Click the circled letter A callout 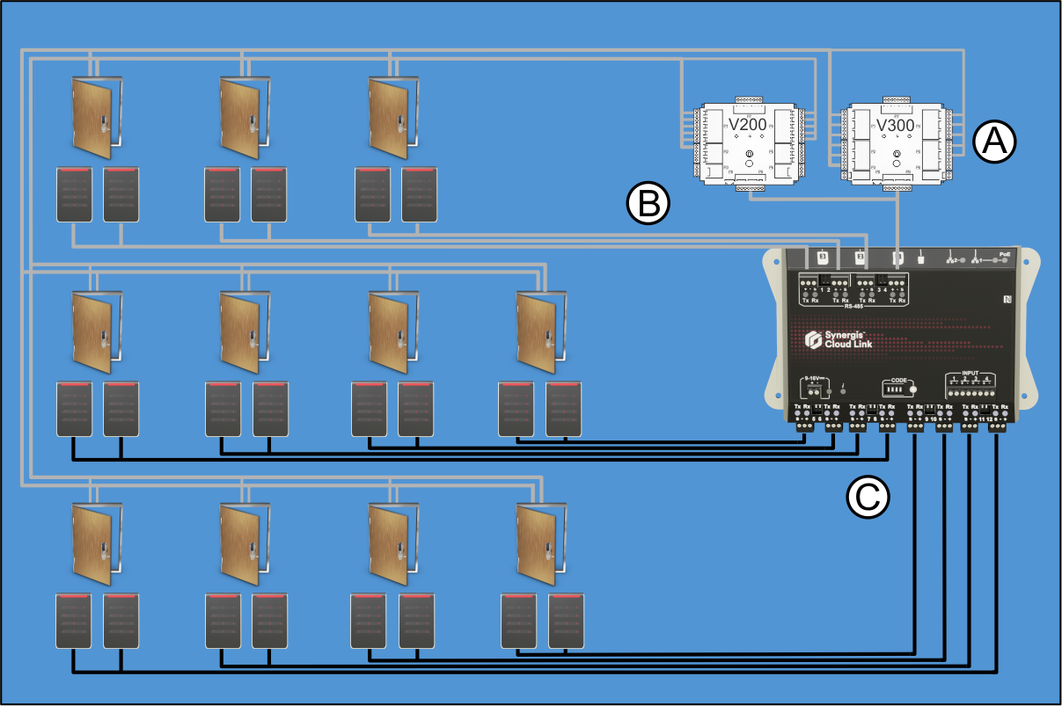[x=995, y=141]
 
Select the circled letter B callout [x=648, y=204]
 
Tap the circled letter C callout [x=868, y=497]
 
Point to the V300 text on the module [x=897, y=125]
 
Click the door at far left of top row [x=93, y=112]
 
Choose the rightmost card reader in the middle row [x=564, y=409]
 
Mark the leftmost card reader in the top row [x=74, y=194]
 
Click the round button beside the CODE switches [x=913, y=389]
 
